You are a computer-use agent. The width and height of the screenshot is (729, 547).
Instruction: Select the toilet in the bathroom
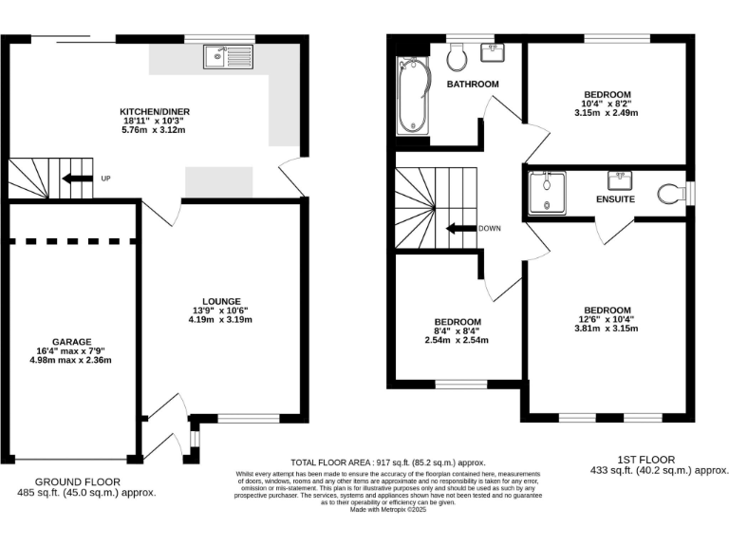(x=458, y=58)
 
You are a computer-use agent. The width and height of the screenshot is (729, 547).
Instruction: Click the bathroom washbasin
(x=493, y=52)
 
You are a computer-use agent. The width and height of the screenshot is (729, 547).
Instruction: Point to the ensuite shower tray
(x=548, y=194)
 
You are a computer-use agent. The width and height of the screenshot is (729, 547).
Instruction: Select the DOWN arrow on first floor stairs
(x=462, y=228)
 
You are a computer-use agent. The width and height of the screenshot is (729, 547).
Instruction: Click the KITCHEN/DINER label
(x=155, y=112)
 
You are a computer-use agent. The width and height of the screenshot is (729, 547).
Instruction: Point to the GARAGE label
(x=71, y=341)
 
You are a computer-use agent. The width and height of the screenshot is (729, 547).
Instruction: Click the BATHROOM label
(x=473, y=85)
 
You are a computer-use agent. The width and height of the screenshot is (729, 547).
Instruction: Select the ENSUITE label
(x=615, y=199)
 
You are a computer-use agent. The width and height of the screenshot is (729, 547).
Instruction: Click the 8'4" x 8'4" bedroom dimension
(x=458, y=330)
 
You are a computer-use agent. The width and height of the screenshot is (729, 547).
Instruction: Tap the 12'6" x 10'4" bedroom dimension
(x=607, y=320)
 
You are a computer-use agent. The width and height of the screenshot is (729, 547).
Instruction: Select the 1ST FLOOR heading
(x=650, y=458)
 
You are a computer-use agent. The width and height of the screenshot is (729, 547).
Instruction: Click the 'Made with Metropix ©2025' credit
(x=388, y=509)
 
